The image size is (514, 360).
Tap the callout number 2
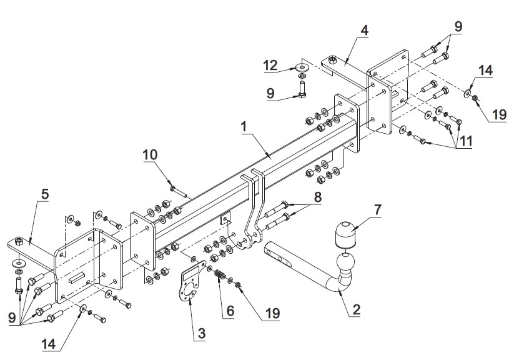[x=357, y=310]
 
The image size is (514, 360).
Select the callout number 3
[x=202, y=334]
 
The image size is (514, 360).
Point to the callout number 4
[x=364, y=31]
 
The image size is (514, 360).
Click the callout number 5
[x=45, y=194]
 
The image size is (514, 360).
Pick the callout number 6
[x=230, y=311]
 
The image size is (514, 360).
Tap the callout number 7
[x=378, y=210]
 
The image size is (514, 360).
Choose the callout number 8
[x=317, y=197]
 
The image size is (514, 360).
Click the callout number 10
[x=150, y=154]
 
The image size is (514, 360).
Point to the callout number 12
[x=271, y=65]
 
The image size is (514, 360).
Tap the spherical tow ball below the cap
[x=345, y=263]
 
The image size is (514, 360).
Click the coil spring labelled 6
[x=220, y=274]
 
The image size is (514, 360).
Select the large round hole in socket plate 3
[x=189, y=291]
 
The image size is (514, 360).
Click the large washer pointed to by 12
[x=302, y=68]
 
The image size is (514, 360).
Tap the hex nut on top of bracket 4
[x=332, y=60]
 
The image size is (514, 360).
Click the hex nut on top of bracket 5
[x=19, y=242]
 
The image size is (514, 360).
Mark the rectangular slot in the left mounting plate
[x=77, y=277]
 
